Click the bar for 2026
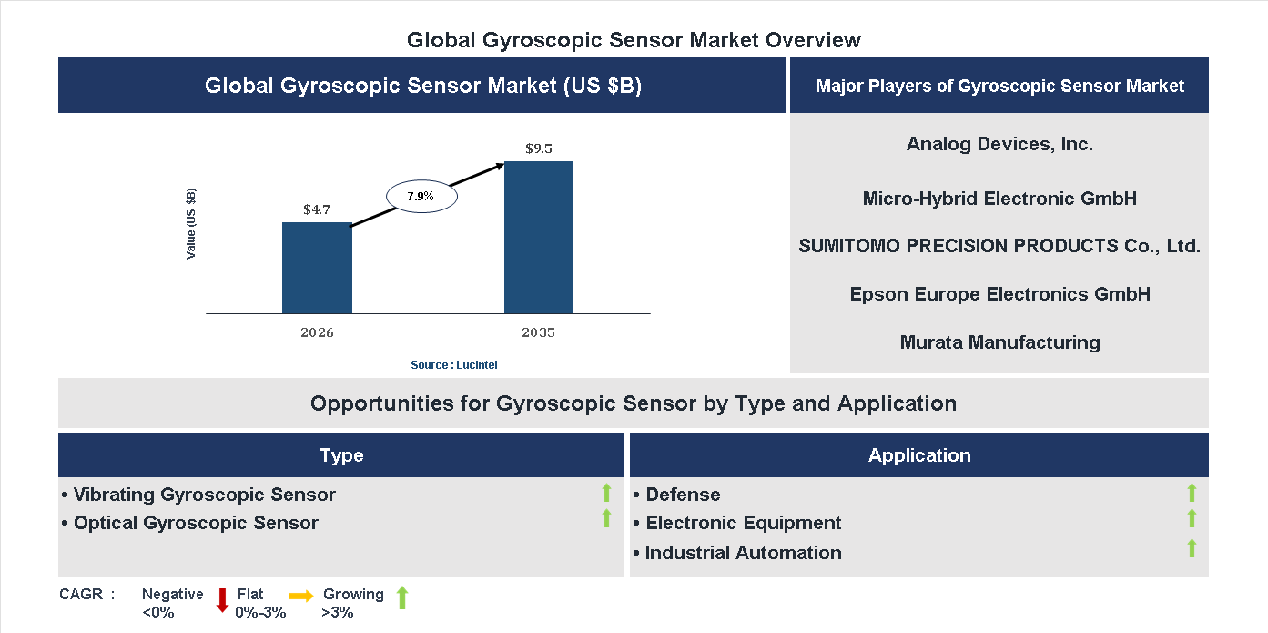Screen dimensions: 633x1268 pos(317,268)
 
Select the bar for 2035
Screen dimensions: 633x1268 pos(539,238)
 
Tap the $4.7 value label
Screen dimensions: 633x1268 pos(317,209)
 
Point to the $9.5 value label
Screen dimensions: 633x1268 pos(539,148)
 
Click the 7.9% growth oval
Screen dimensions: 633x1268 pos(421,197)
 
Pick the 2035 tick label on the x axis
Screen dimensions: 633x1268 pos(539,332)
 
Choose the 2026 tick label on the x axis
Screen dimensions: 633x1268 pos(317,332)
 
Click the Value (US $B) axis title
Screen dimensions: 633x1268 pos(191,223)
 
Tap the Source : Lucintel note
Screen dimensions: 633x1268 pos(453,365)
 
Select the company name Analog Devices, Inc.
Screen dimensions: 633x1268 pos(999,144)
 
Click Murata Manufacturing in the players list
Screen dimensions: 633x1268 pos(999,342)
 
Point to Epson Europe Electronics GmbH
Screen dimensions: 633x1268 pos(999,294)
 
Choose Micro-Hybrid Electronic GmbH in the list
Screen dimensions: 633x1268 pos(999,198)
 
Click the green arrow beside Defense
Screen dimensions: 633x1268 pos(1192,493)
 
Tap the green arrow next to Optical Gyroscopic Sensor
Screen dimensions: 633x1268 pos(606,518)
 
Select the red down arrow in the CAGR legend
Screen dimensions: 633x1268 pos(222,600)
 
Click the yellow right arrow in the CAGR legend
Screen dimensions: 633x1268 pos(301,596)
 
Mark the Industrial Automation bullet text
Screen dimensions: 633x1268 pos(743,553)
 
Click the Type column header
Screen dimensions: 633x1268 pos(341,455)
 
